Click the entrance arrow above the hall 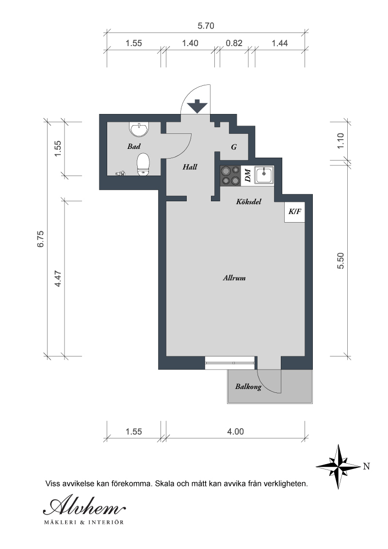coord(197,106)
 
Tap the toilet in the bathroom coord(143,164)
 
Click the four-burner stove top coord(230,175)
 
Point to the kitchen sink coord(264,175)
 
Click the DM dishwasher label coord(247,176)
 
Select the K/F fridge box coord(294,212)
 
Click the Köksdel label coord(249,201)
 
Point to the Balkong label coord(248,387)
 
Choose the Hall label coord(190,167)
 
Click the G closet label coord(234,146)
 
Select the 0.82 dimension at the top coord(234,43)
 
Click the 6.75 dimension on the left coord(41,239)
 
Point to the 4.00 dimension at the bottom coord(236,431)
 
